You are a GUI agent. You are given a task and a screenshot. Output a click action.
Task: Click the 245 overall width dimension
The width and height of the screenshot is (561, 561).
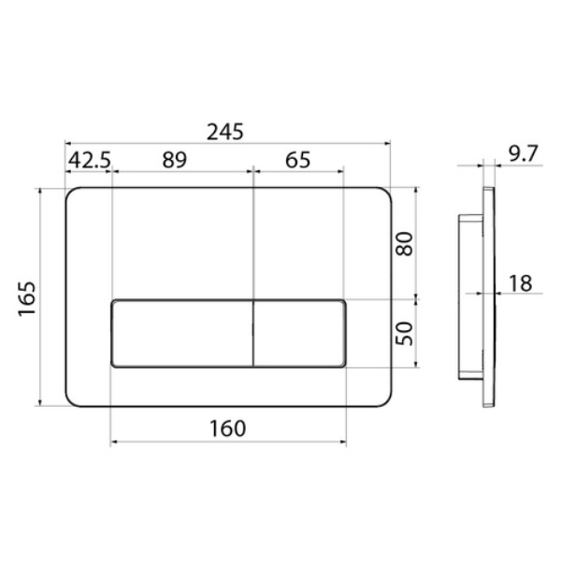(225, 132)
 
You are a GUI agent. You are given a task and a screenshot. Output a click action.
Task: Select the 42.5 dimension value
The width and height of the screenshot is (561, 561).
(90, 160)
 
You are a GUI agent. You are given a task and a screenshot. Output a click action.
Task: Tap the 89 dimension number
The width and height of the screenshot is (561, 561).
(174, 160)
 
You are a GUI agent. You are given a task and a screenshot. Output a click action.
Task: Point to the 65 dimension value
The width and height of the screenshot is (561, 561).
(297, 160)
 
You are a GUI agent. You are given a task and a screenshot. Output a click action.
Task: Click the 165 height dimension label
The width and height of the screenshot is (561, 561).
(27, 299)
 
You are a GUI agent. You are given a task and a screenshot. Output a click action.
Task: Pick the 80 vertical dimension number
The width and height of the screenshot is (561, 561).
(404, 244)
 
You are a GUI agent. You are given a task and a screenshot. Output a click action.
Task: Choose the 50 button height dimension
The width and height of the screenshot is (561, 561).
(404, 334)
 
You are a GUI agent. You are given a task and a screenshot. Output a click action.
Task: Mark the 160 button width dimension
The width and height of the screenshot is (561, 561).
(227, 428)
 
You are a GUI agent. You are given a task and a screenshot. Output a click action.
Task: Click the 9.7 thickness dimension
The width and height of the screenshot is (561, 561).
(523, 154)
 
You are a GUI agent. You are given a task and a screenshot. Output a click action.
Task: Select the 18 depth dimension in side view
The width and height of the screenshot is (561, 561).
(520, 283)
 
